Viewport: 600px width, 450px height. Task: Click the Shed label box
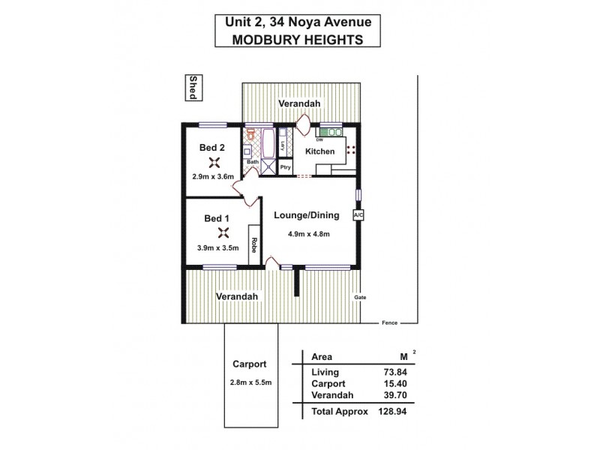point(193,88)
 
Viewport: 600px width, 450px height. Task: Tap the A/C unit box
point(358,215)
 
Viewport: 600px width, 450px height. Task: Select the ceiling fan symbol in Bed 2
point(214,162)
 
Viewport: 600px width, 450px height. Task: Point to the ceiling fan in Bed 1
point(222,232)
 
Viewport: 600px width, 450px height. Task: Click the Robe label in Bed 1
point(254,244)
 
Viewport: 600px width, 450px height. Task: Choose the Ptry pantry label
point(285,166)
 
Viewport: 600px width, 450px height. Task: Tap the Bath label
point(253,161)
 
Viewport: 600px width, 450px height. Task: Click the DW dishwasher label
point(319,140)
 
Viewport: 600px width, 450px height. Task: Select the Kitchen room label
point(320,152)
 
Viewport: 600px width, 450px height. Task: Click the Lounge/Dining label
point(306,215)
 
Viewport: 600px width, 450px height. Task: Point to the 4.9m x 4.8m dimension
point(308,233)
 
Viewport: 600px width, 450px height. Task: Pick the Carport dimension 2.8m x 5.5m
point(250,383)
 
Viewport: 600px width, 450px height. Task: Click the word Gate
point(360,298)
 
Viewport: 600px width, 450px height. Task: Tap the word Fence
point(388,322)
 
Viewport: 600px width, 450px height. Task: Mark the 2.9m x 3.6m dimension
point(214,176)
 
